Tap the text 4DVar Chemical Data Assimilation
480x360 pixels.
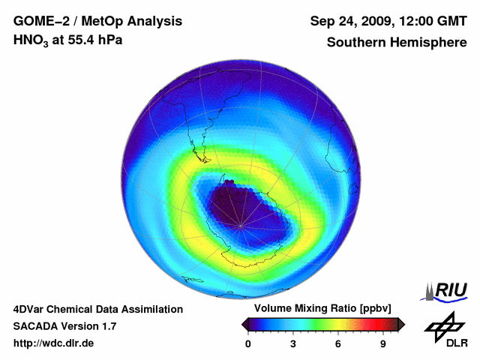[98, 309]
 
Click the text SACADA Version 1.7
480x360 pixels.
[64, 326]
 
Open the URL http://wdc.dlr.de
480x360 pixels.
[54, 343]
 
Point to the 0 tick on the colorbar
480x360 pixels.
[248, 343]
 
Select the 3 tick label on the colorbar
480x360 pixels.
[293, 343]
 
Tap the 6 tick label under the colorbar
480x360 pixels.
[338, 343]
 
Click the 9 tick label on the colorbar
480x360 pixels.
[382, 343]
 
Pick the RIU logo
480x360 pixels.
[445, 289]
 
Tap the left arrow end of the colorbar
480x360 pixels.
[244, 323]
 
